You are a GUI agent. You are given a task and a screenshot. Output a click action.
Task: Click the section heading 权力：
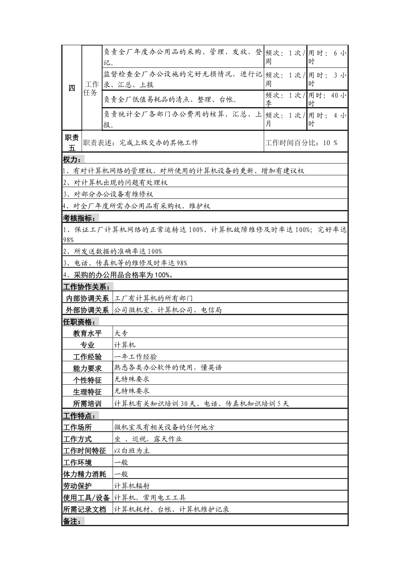(x=74, y=159)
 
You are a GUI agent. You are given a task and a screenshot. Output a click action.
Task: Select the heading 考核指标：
(x=80, y=218)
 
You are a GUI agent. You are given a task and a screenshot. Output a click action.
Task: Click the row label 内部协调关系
(x=87, y=298)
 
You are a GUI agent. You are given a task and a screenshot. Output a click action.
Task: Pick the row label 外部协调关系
(x=87, y=310)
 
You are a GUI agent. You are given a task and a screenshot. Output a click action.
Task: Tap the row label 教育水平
(x=87, y=333)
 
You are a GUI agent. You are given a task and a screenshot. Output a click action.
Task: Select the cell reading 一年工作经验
(x=136, y=357)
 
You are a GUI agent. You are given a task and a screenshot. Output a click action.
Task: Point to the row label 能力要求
(x=87, y=368)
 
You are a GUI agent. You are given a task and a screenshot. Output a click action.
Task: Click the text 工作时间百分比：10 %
(x=301, y=143)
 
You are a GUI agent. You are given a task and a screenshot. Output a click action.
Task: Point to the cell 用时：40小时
(x=327, y=99)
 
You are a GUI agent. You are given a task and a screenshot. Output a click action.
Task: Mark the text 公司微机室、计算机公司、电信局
(x=168, y=310)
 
